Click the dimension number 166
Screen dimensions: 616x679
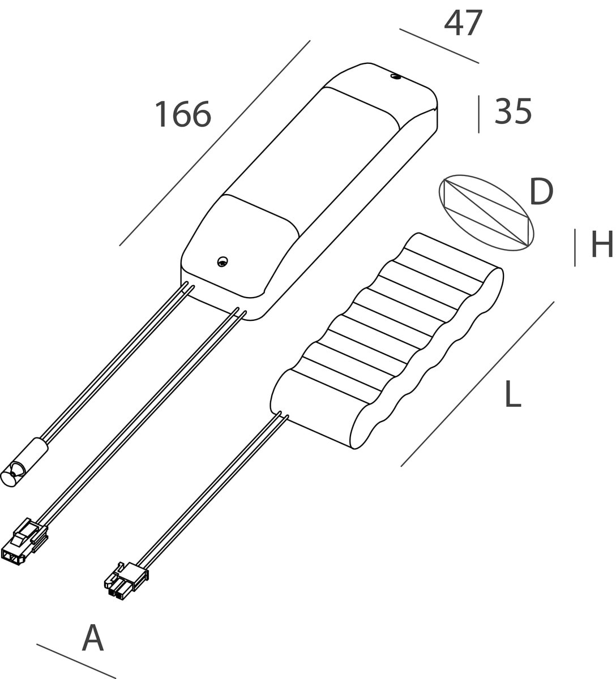tap(183, 114)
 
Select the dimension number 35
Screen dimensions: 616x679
tap(513, 111)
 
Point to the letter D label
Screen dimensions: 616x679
tap(541, 192)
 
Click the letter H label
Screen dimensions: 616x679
tap(602, 244)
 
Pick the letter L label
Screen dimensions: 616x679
tap(512, 394)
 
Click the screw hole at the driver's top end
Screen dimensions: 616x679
tap(395, 76)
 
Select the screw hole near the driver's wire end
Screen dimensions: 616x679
tap(223, 261)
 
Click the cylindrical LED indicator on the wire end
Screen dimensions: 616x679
tap(24, 462)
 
